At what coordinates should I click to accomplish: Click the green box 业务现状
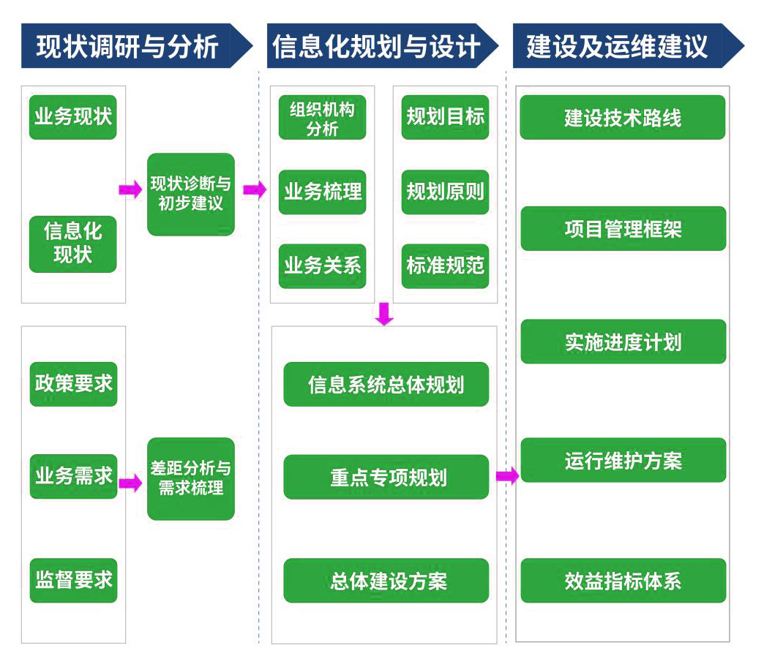tap(73, 116)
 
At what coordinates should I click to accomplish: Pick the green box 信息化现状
tap(73, 244)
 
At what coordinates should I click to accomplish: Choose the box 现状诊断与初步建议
tap(191, 194)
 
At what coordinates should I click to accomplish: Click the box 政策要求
tap(73, 383)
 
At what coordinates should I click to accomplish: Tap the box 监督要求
tap(73, 581)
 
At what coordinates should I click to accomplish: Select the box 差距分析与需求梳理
tap(191, 478)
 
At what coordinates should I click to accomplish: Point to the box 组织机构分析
tap(322, 118)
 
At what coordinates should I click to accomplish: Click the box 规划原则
tap(445, 192)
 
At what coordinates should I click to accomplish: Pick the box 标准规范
tap(445, 265)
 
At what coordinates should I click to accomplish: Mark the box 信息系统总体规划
tap(386, 384)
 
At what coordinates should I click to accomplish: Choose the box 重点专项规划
tap(386, 478)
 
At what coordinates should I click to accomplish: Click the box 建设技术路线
tap(623, 117)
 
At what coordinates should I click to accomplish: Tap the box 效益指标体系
tap(623, 581)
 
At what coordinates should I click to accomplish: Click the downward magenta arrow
tap(384, 314)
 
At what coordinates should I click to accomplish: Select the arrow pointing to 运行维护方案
tap(506, 476)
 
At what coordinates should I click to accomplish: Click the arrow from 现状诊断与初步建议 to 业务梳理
tap(255, 190)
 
